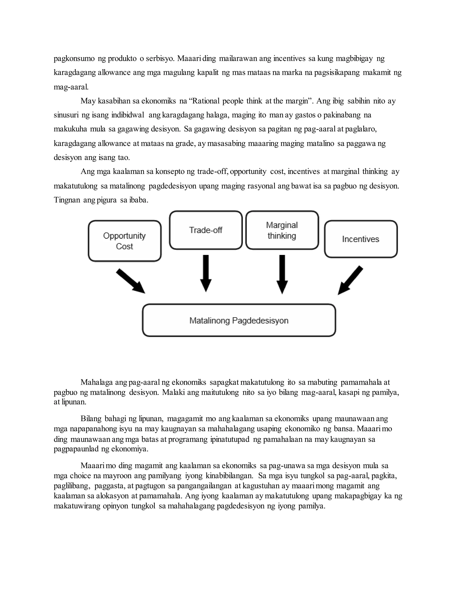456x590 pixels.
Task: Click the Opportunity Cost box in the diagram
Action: tap(124, 241)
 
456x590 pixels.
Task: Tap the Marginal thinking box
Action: tap(282, 230)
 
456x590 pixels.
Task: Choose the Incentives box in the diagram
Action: tap(361, 239)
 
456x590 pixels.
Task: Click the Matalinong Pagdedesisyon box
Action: tap(239, 320)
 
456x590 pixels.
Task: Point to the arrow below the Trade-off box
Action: tap(206, 273)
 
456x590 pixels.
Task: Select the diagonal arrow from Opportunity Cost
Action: tap(130, 281)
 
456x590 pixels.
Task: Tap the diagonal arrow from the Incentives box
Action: tap(350, 280)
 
